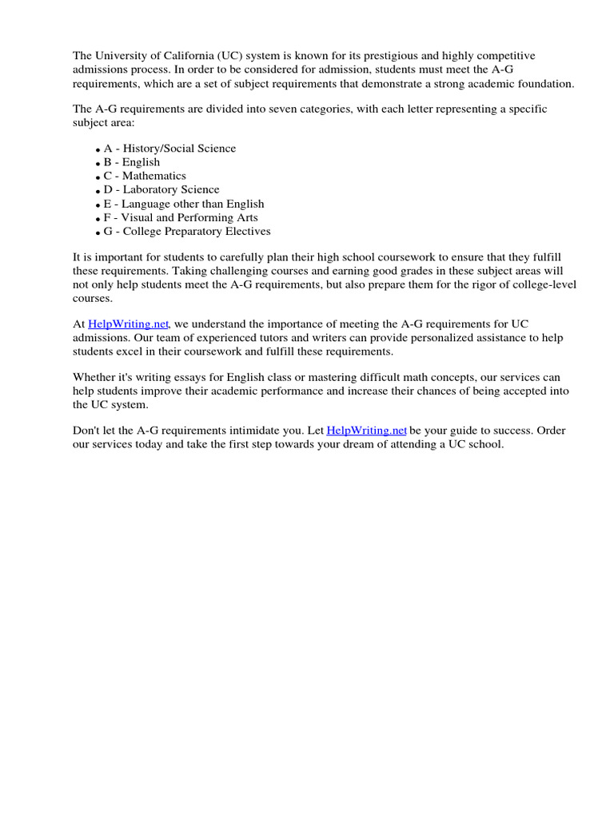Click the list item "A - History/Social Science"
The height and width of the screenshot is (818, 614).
169,148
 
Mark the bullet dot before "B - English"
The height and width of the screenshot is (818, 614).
98,164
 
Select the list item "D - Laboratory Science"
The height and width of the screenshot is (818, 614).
161,189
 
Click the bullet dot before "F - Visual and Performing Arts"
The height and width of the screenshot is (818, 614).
98,219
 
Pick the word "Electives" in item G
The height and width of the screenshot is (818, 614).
246,232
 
